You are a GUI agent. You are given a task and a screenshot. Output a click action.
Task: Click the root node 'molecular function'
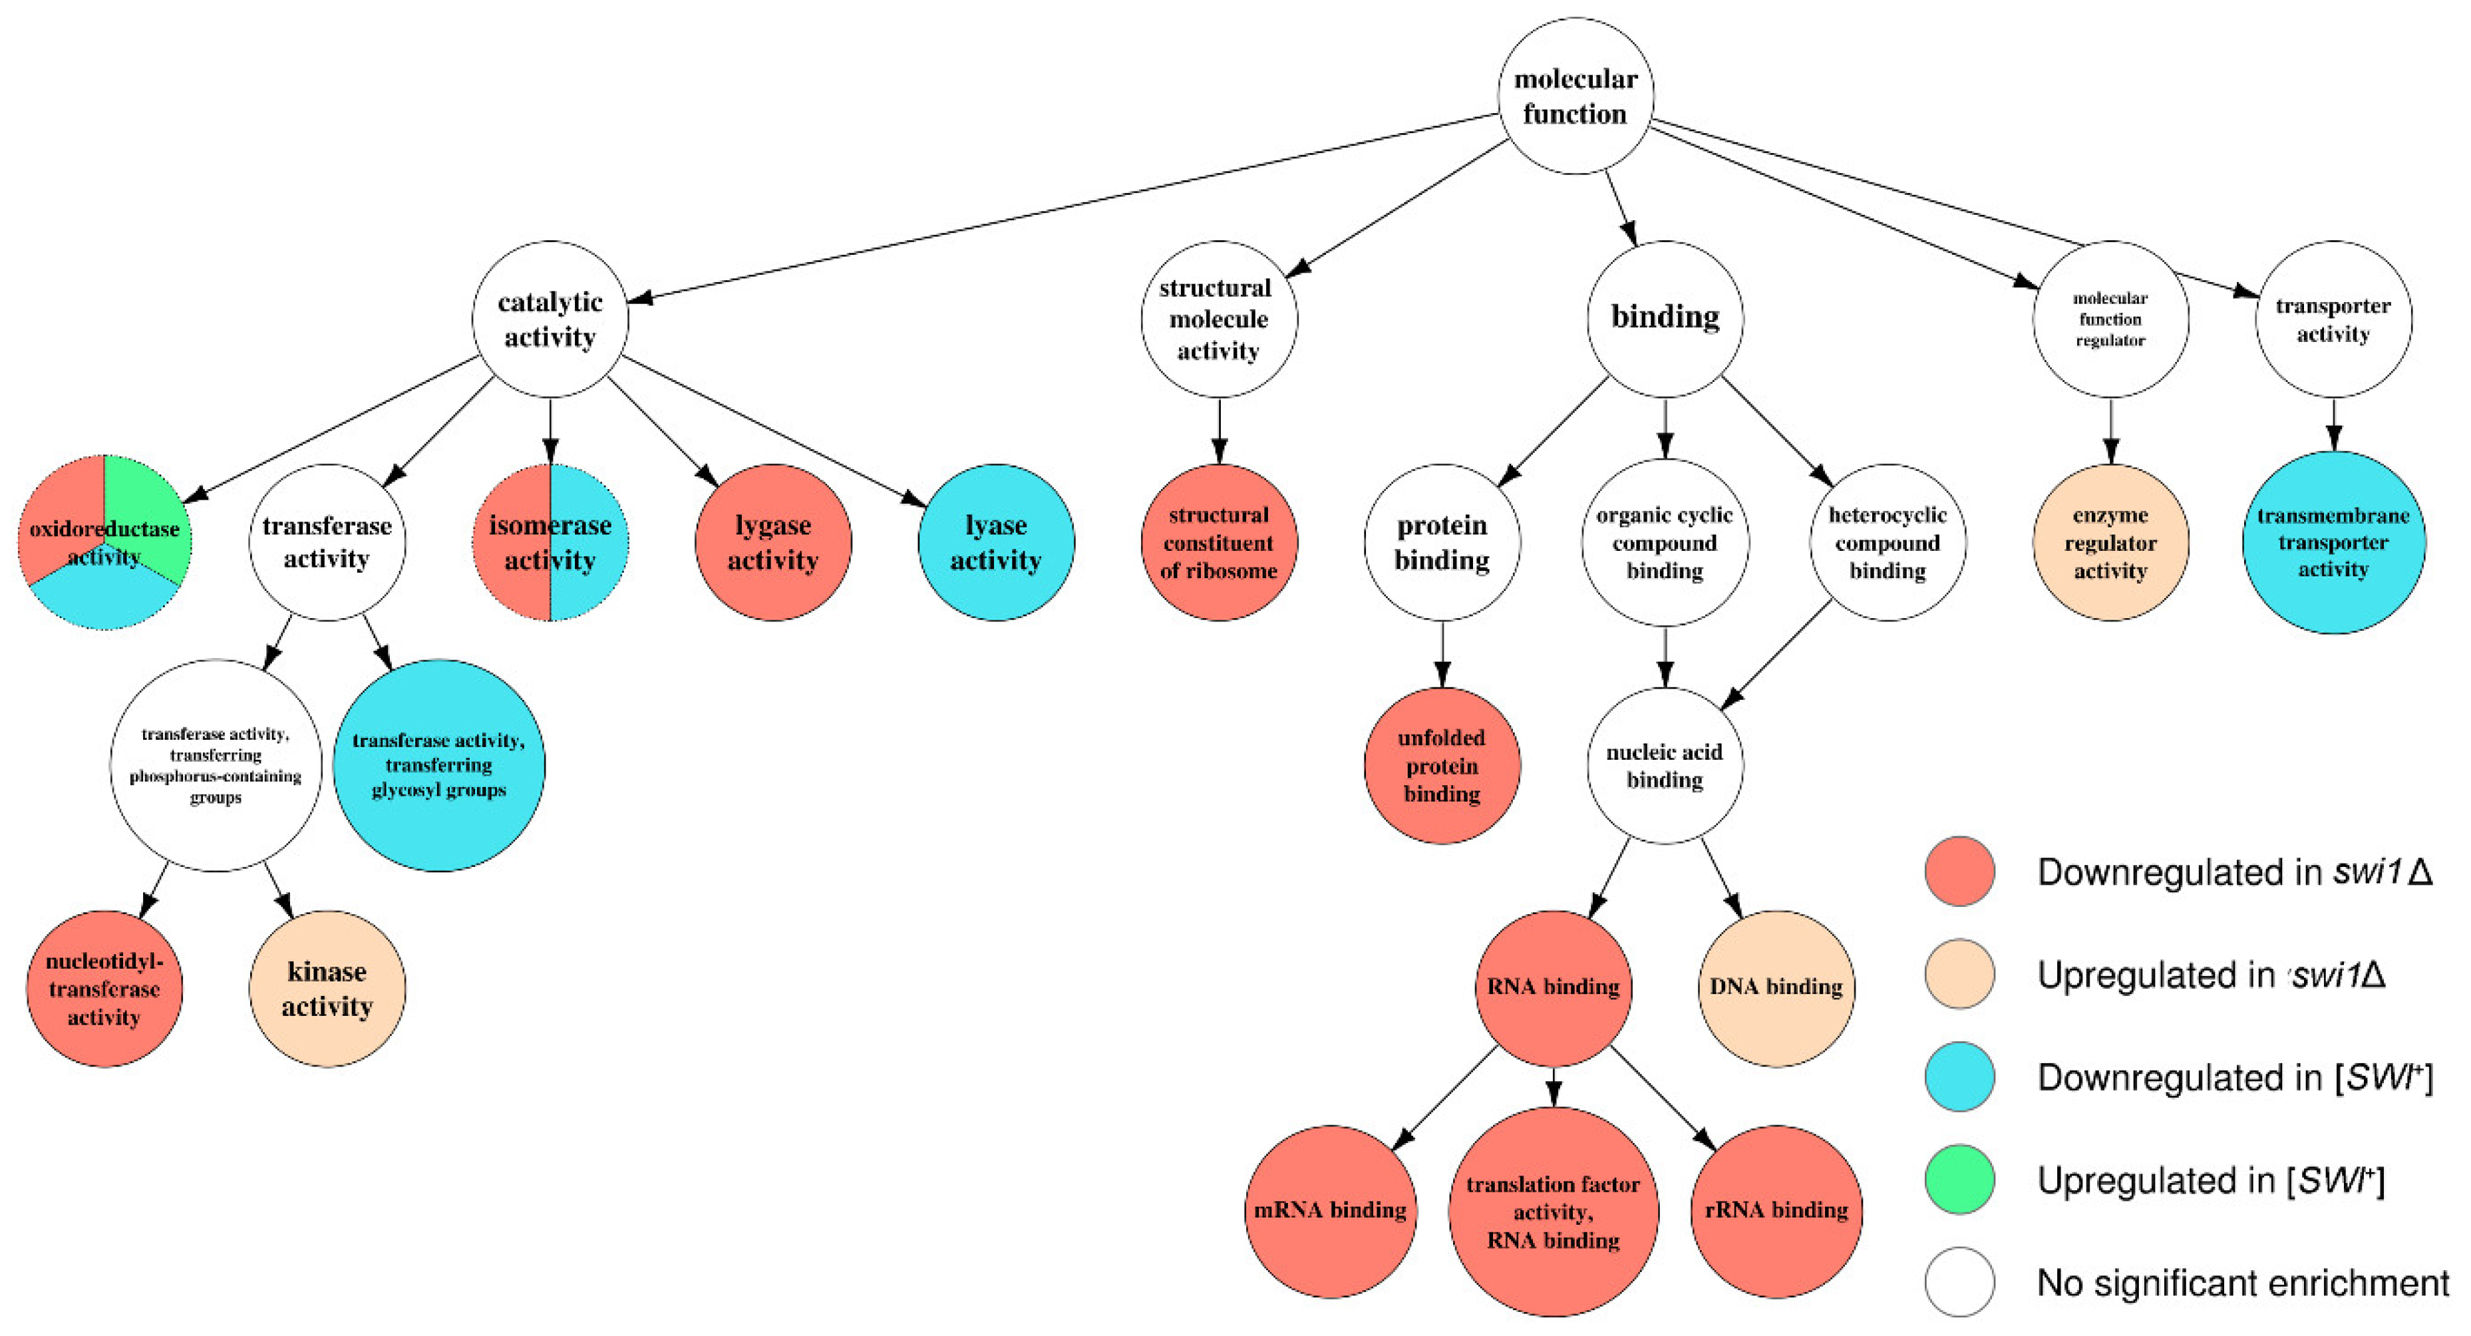(x=1575, y=96)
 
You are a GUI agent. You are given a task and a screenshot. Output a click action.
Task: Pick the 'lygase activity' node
(x=773, y=543)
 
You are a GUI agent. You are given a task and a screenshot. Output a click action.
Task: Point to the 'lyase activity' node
(x=996, y=543)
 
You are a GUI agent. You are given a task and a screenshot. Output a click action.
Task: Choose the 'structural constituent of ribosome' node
(x=1218, y=543)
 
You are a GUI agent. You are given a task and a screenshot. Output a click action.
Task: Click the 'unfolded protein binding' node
(x=1442, y=765)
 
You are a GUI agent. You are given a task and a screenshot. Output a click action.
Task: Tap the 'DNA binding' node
(x=1776, y=988)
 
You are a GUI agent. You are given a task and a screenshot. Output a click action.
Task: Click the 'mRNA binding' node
(x=1331, y=1210)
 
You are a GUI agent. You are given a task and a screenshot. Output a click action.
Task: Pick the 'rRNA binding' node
(x=1776, y=1210)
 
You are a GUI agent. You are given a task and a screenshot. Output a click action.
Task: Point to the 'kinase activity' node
(x=327, y=988)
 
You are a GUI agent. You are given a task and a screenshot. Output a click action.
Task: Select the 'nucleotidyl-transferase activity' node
(x=104, y=988)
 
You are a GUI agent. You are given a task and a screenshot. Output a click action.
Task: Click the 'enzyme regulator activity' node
(x=2110, y=543)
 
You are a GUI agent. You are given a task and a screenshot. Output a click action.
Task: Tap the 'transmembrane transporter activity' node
(x=2333, y=543)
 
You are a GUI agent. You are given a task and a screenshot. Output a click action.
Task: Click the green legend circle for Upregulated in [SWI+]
(x=1960, y=1179)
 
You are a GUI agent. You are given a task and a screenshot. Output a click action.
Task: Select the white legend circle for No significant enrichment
(x=1960, y=1281)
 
